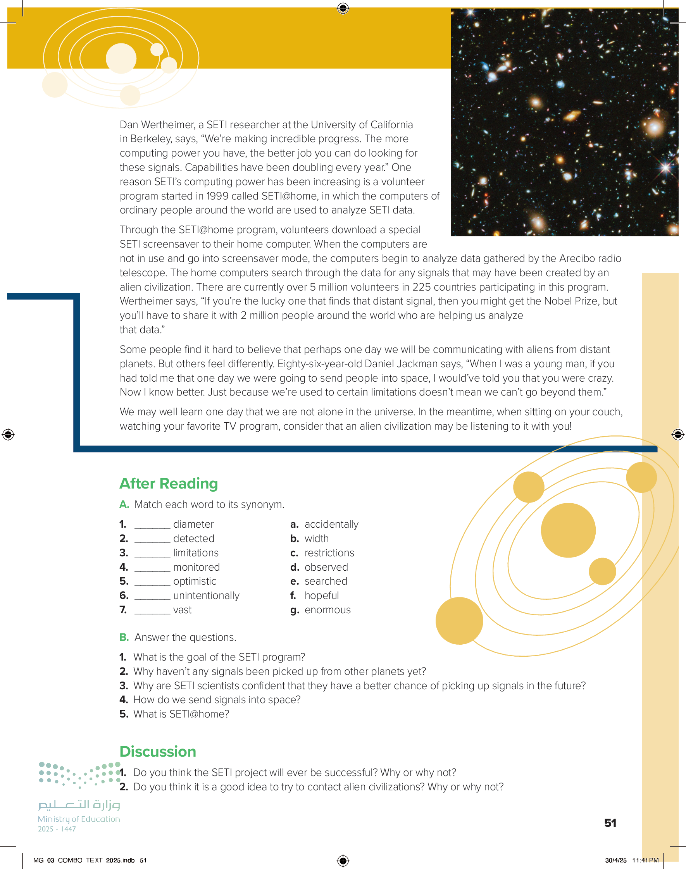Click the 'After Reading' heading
tap(168, 484)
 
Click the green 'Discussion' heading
tap(157, 751)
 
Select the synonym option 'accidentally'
tap(331, 524)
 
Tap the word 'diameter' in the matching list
tap(193, 524)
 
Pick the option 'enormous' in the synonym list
tap(327, 610)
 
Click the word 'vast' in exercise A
tap(182, 610)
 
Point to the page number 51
tap(610, 823)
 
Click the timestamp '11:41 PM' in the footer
tap(645, 860)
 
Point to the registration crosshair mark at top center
tap(343, 8)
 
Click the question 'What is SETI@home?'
tap(181, 714)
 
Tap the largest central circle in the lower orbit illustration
tap(568, 530)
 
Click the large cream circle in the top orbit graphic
tap(121, 59)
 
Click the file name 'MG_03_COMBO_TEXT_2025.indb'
tap(84, 860)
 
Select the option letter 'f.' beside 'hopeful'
tap(293, 595)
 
